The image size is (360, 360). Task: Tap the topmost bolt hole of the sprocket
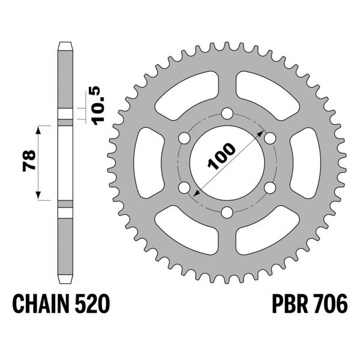227,113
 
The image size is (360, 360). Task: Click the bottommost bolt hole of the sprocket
227,212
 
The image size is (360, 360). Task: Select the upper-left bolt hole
184,138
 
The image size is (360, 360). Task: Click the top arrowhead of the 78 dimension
38,128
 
